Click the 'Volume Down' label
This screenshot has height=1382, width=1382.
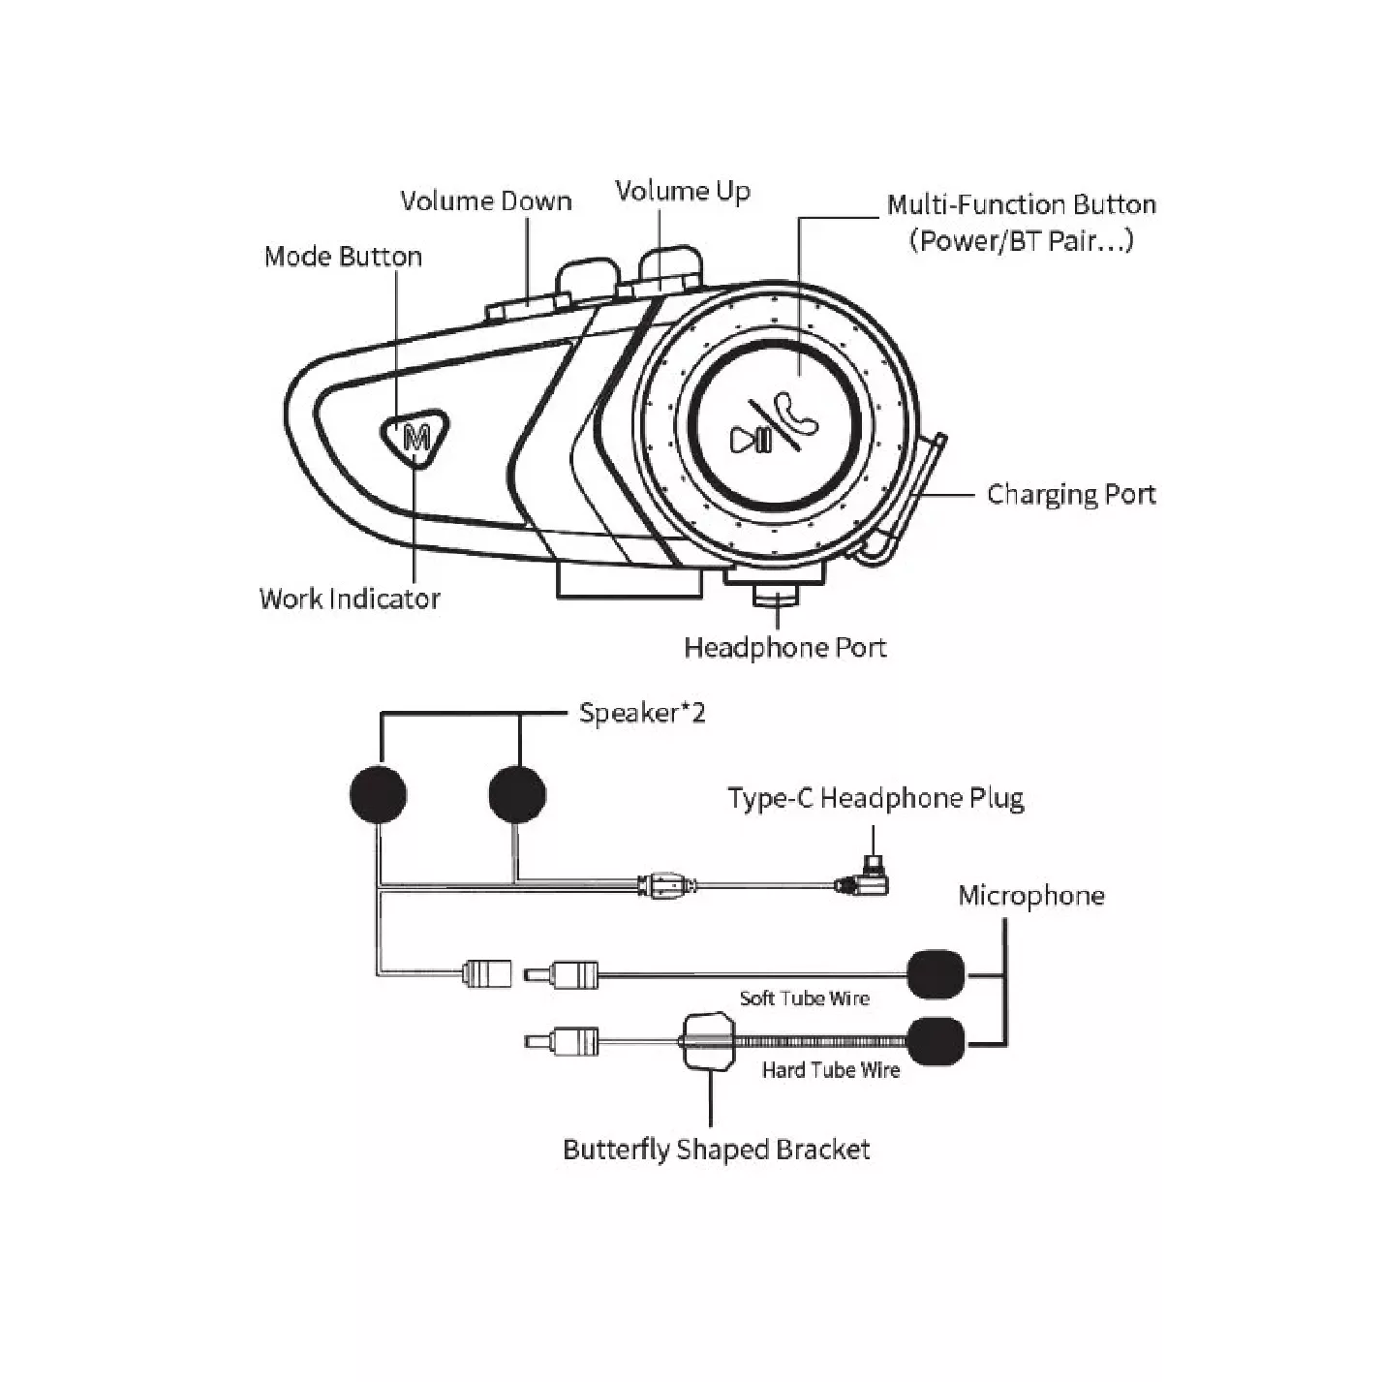pos(486,201)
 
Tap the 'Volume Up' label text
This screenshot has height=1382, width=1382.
pos(683,192)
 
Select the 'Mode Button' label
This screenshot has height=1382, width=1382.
pos(343,257)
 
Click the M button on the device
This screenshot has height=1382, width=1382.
pos(417,437)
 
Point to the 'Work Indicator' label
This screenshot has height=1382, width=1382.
pos(350,599)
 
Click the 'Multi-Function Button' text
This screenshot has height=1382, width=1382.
pos(1022,205)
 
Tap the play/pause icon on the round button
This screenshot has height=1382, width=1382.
pos(752,441)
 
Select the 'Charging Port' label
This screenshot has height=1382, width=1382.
pos(1071,495)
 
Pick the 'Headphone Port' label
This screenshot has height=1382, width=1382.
pos(785,648)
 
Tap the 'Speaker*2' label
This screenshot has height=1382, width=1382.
pos(642,714)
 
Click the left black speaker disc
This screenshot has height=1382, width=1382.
pos(378,794)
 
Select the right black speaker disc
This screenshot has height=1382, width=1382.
pos(517,794)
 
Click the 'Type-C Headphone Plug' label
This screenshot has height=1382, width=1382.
pos(875,799)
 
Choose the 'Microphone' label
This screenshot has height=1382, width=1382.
pos(1031,896)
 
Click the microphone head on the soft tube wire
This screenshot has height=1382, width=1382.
pos(937,974)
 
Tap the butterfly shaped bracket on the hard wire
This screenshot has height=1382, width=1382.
pos(711,1041)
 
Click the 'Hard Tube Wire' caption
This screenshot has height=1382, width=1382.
pos(831,1070)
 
